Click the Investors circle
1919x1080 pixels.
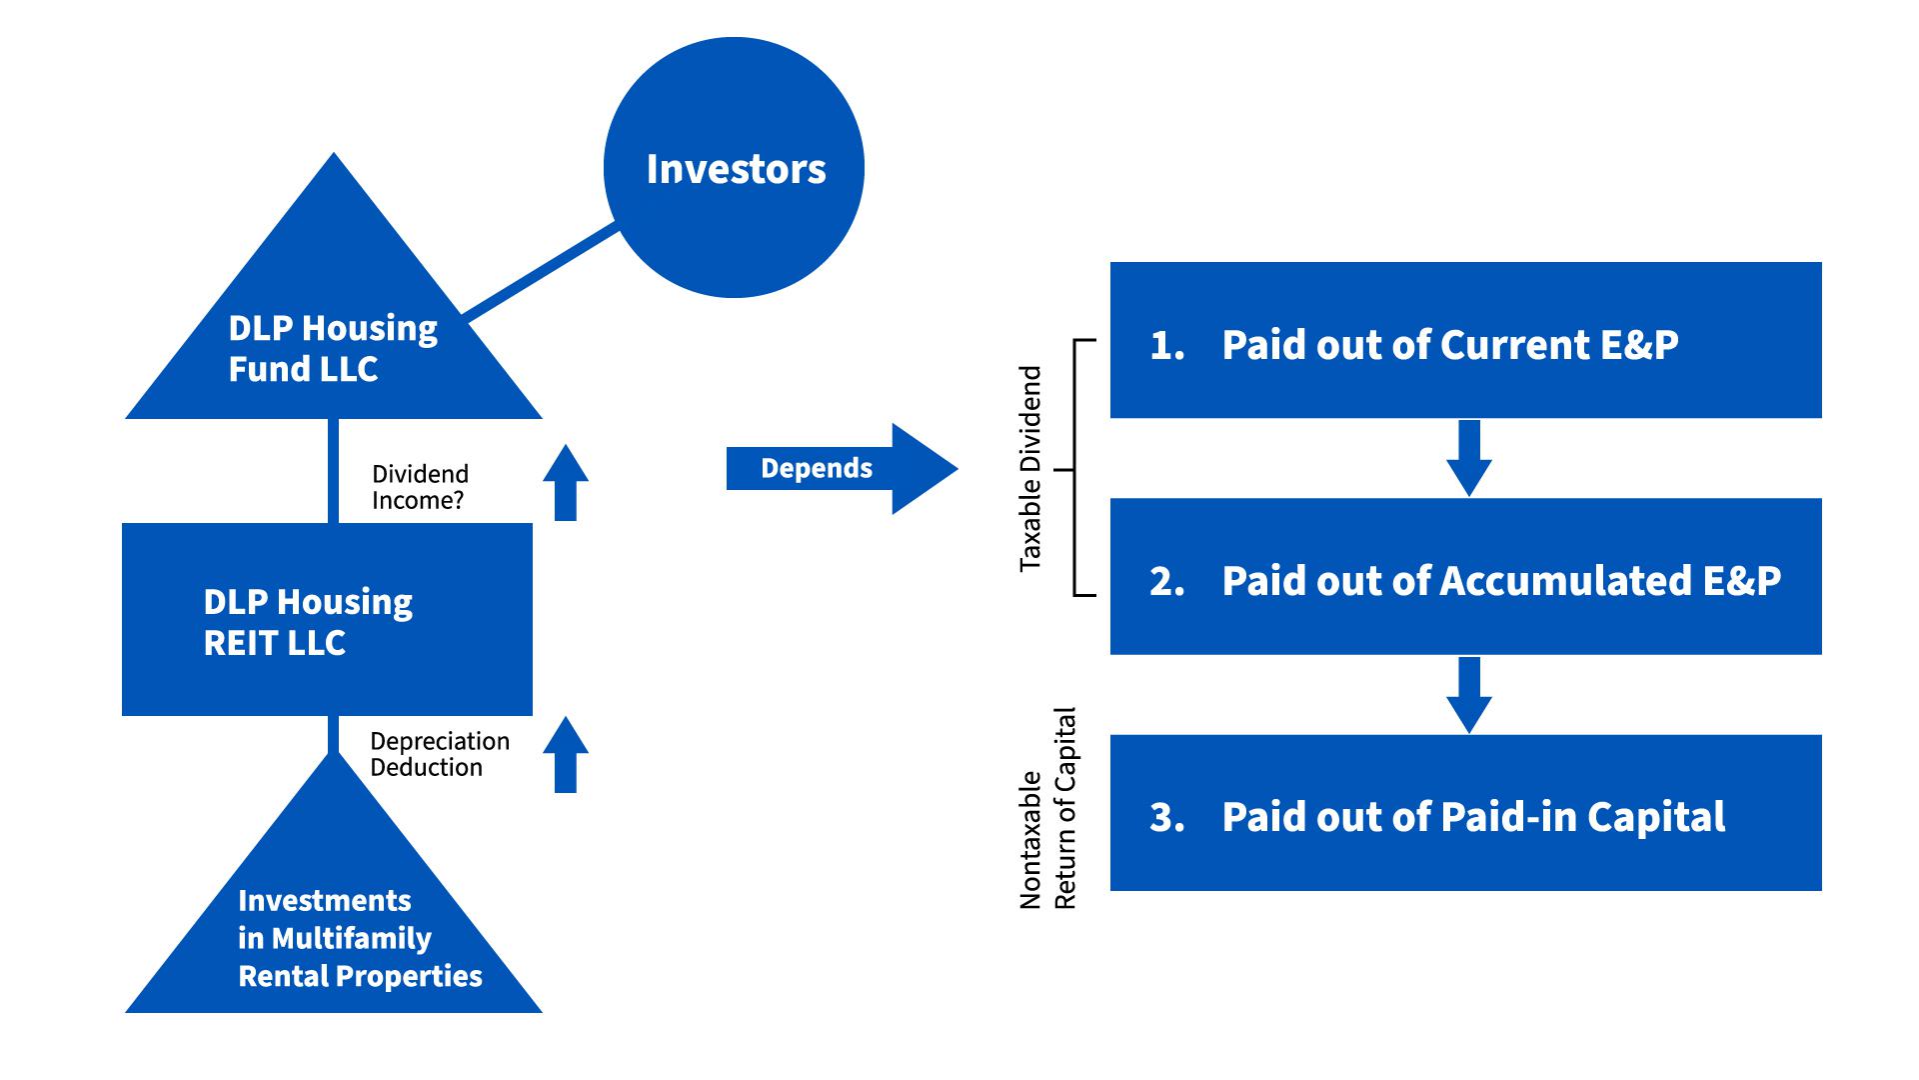point(734,168)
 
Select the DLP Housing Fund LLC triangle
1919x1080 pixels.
point(333,340)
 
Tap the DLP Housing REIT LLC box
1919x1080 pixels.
point(327,619)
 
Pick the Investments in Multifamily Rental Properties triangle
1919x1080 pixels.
point(333,930)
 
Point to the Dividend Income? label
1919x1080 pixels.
point(420,487)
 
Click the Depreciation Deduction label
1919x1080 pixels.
point(440,754)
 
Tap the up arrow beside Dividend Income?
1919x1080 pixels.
point(566,483)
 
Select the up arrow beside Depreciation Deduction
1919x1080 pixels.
point(566,755)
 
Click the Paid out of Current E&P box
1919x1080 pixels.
point(1465,340)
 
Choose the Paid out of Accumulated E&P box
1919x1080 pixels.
point(1465,577)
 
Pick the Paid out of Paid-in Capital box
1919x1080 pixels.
point(1465,813)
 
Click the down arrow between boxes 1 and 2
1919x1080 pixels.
point(1468,458)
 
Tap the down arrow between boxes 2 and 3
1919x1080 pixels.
point(1468,695)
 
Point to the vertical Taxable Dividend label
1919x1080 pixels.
point(1030,468)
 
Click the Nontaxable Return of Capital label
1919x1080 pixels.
point(1047,808)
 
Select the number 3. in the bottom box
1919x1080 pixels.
point(1166,817)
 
